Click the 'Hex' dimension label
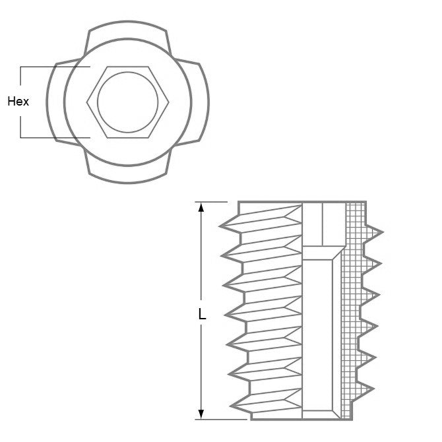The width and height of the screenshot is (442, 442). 17,102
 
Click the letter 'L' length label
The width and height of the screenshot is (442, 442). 203,315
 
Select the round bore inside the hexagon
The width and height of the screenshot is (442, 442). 128,102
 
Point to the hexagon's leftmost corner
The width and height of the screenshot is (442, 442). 87,102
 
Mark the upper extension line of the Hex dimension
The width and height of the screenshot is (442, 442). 53,67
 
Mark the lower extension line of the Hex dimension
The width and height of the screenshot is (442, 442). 53,138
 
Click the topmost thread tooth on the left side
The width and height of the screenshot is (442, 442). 228,226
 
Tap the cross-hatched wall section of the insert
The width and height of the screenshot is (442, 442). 355,310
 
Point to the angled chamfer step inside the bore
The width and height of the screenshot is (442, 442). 323,253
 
